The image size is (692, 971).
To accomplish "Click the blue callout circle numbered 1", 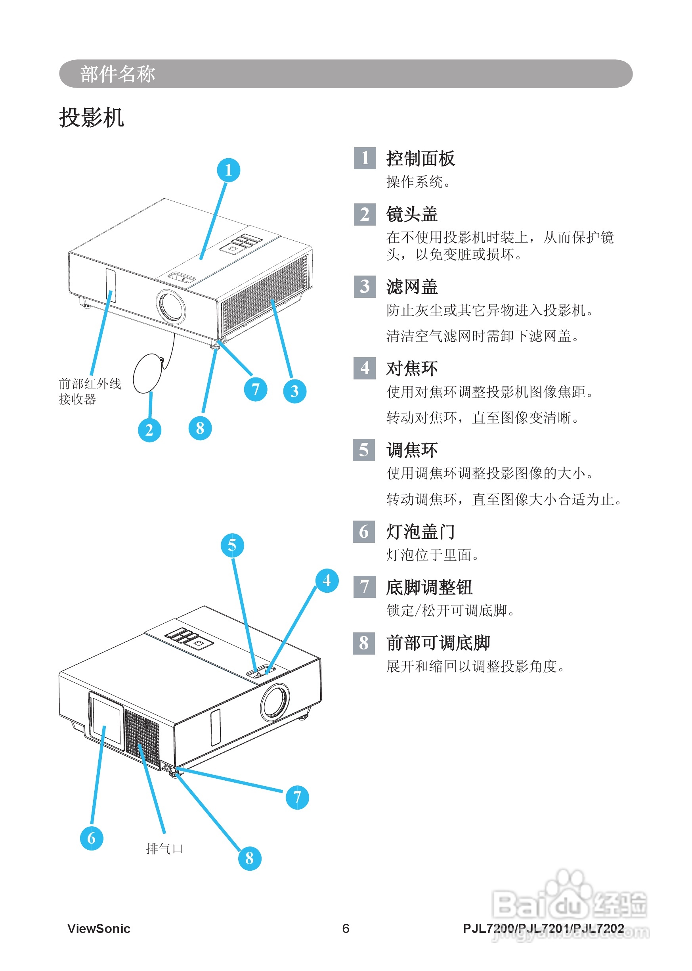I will (228, 170).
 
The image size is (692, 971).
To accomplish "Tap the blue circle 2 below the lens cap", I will (149, 430).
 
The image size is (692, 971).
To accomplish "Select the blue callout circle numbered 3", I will (294, 391).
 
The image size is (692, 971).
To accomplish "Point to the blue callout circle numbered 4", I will (327, 580).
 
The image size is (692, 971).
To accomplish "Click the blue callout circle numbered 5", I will (232, 545).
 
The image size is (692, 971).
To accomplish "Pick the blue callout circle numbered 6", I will (92, 838).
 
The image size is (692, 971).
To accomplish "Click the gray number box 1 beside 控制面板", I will (365, 158).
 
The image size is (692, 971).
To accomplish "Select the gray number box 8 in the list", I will (364, 643).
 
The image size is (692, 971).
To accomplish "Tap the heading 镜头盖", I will (412, 214).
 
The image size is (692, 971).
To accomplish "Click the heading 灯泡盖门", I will (420, 532).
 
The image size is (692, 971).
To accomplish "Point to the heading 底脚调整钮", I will (429, 587).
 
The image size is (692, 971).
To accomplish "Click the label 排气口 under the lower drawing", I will (164, 848).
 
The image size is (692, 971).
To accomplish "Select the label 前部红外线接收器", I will (90, 391).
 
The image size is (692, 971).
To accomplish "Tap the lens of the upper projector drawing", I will (171, 306).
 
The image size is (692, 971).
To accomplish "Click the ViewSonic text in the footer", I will (99, 928).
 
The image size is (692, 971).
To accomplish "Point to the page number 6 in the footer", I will (346, 928).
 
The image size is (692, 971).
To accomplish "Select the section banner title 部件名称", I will (118, 74).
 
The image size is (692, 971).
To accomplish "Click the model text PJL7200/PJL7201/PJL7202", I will (543, 928).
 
